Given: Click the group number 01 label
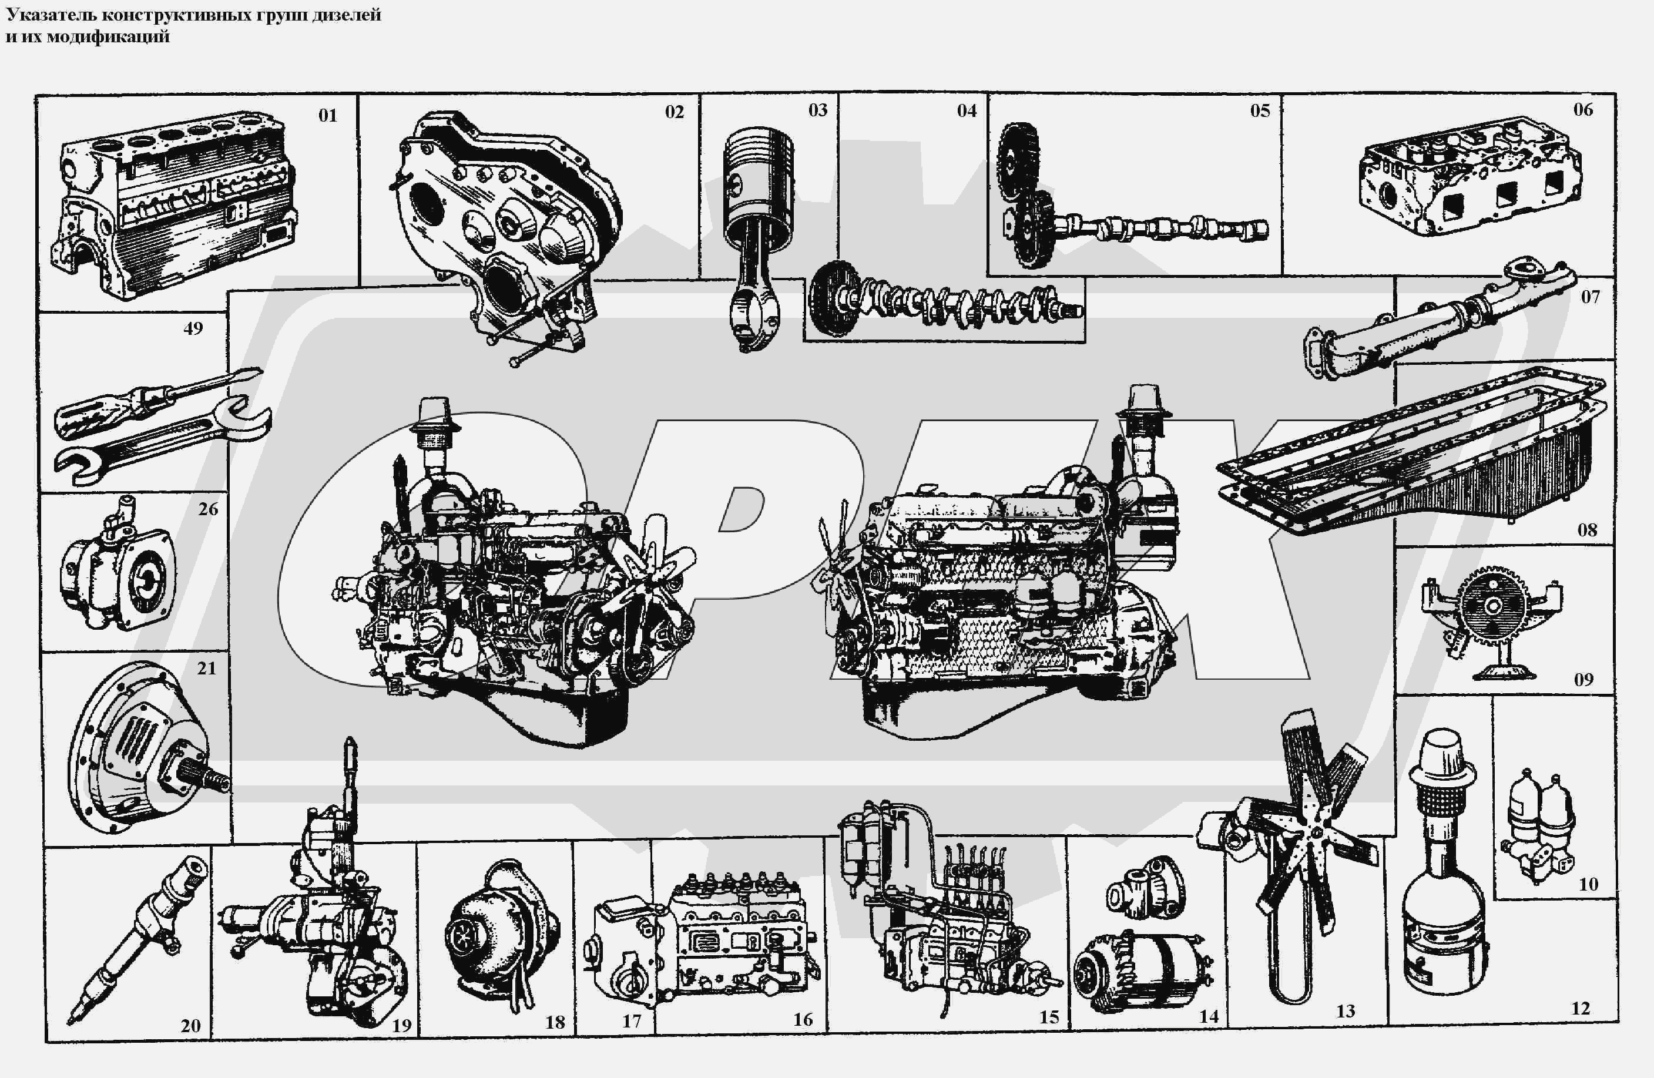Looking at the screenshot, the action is point(328,115).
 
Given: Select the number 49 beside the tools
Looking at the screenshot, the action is point(193,328).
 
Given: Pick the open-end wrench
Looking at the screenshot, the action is point(163,441).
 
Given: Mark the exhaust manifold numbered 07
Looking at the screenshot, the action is point(1438,320).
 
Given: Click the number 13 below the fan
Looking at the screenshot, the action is point(1346,1011).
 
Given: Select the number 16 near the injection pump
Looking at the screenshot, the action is point(803,1020).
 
